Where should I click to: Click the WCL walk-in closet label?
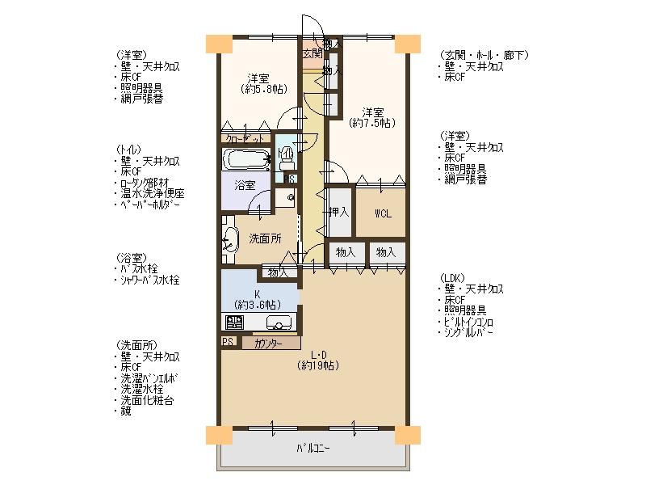pos(383,213)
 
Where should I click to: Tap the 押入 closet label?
pos(339,213)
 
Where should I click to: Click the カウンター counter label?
pos(266,344)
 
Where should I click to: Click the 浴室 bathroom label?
pos(245,185)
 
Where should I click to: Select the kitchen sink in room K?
pos(279,323)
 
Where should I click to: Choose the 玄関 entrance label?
pos(312,54)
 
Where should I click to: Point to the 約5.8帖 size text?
pos(258,89)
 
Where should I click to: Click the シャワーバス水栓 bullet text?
pos(149,280)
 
